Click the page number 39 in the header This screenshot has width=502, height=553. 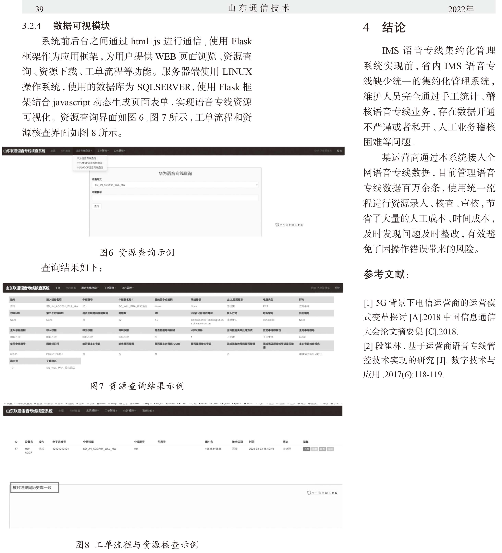(x=40, y=9)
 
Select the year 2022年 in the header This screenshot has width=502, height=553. (x=461, y=9)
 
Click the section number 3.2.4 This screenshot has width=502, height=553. (x=31, y=26)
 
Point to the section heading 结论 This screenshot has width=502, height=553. (x=394, y=27)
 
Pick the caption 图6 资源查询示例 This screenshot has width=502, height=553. (x=137, y=252)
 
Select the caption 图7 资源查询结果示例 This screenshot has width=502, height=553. (x=137, y=386)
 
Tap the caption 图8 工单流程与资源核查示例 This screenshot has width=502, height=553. (x=137, y=545)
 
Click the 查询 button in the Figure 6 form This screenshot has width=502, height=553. (x=97, y=206)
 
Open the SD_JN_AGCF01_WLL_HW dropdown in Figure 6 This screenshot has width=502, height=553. (x=175, y=185)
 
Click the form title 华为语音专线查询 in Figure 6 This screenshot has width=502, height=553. (x=175, y=173)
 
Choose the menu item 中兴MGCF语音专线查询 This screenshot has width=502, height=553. (x=90, y=168)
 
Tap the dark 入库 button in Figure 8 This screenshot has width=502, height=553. (x=306, y=449)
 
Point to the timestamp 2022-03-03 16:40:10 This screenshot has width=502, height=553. (x=261, y=449)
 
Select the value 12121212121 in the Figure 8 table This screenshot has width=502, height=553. (x=61, y=449)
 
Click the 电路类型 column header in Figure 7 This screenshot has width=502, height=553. (x=268, y=300)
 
